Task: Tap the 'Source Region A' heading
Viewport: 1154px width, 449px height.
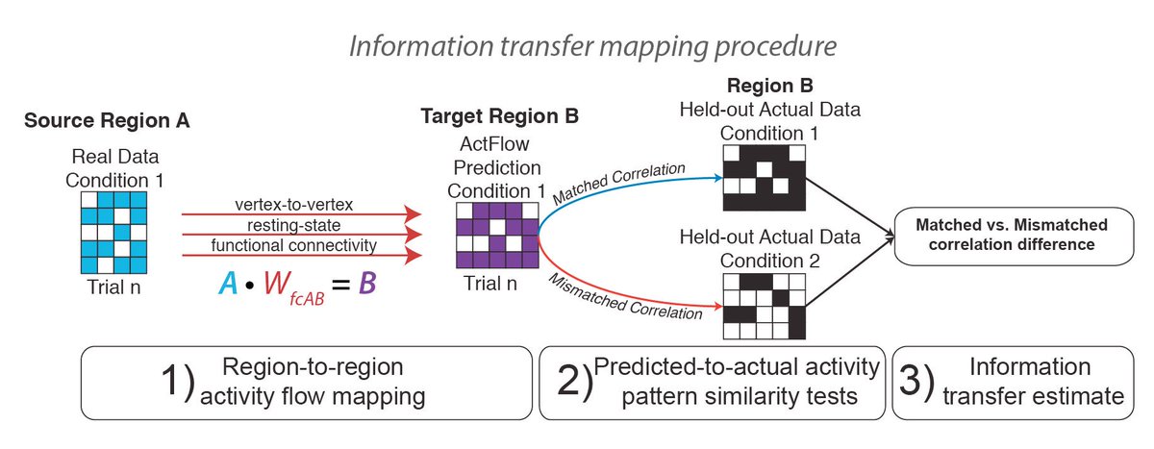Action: tap(107, 121)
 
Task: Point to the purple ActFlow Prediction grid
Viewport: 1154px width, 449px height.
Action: tap(494, 235)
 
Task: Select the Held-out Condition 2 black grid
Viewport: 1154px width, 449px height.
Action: tap(763, 304)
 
